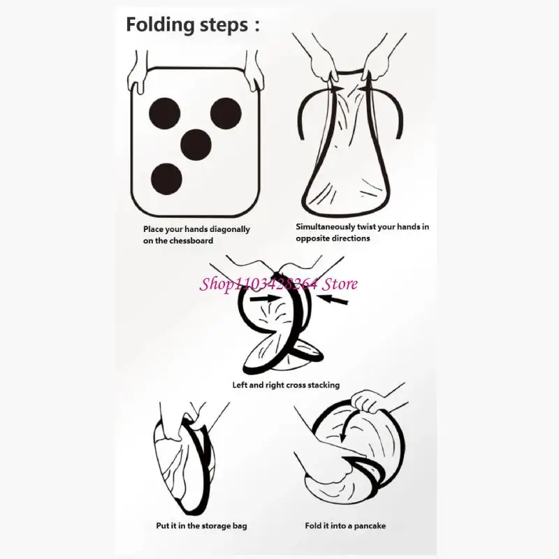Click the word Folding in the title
point(160,26)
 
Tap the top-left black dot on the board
point(165,113)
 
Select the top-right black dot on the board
point(226,113)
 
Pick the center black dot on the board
point(196,145)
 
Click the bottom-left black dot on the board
point(166,179)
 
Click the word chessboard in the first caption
point(191,240)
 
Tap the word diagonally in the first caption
point(231,230)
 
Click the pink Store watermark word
point(340,284)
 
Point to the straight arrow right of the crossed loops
point(333,300)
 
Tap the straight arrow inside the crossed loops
point(264,299)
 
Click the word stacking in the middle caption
point(324,386)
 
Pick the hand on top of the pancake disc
point(368,401)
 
